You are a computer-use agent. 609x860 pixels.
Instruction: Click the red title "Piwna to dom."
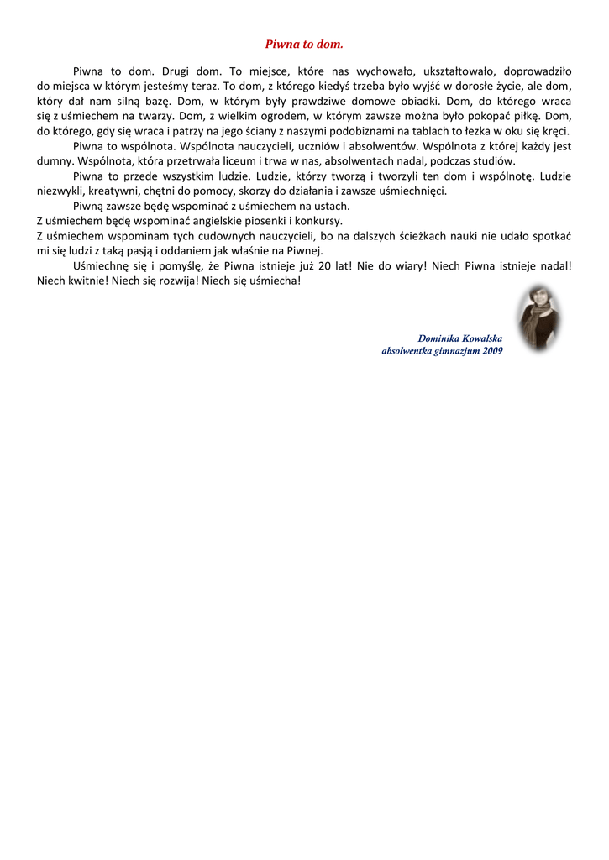304,44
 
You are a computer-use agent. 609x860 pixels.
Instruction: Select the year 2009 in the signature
492,351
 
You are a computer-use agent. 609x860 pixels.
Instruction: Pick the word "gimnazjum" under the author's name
454,351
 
